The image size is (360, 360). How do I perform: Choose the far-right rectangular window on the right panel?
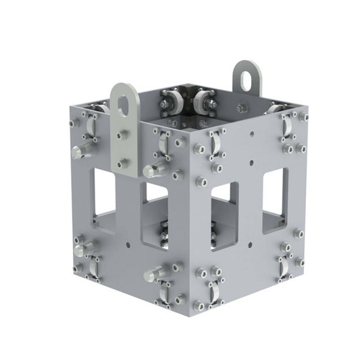tap(273, 191)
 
